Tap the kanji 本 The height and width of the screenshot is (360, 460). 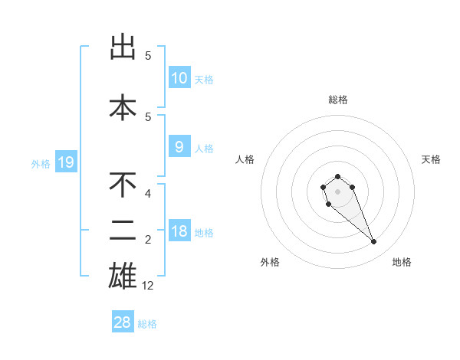tap(123, 108)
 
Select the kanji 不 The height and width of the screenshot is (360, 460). tap(123, 185)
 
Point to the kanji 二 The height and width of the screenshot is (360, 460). tap(123, 230)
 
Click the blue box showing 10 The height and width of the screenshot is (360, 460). tap(179, 78)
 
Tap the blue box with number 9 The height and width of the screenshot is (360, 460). tap(179, 147)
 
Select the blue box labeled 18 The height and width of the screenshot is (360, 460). tap(179, 231)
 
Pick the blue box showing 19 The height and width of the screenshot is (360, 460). tap(65, 162)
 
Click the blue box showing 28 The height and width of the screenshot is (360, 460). tap(123, 322)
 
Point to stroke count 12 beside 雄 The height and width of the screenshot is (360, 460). tap(149, 286)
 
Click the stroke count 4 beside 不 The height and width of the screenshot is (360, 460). tap(148, 194)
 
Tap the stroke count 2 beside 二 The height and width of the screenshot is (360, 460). tap(148, 240)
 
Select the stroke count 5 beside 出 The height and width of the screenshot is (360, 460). tap(148, 56)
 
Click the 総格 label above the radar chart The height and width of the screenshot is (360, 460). tap(338, 100)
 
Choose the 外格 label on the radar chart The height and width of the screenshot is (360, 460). tap(270, 262)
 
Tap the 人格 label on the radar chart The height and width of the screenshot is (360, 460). tap(245, 159)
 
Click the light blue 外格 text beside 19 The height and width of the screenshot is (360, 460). tap(40, 163)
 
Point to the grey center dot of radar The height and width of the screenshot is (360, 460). tap(337, 190)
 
